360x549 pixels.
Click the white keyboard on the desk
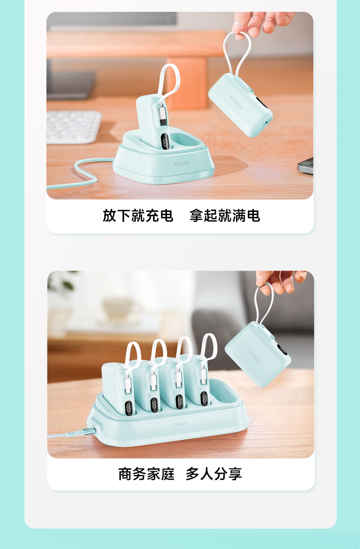pyautogui.click(x=74, y=127)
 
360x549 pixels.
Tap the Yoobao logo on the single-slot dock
pyautogui.click(x=181, y=164)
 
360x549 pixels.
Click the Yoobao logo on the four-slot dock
pyautogui.click(x=181, y=424)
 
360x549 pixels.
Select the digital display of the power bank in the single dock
pyautogui.click(x=165, y=143)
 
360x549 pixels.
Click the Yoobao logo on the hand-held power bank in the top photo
pyautogui.click(x=236, y=102)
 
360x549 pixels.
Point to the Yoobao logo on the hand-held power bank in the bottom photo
pyautogui.click(x=255, y=357)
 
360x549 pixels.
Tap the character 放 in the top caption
pyautogui.click(x=109, y=215)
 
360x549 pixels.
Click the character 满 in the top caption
pyautogui.click(x=239, y=215)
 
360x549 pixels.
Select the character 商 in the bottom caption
pyautogui.click(x=125, y=474)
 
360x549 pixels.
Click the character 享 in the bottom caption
pyautogui.click(x=235, y=474)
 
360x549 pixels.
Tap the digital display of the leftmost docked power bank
pyautogui.click(x=129, y=408)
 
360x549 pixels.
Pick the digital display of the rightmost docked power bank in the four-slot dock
pyautogui.click(x=205, y=399)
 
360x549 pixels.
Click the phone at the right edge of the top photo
pyautogui.click(x=306, y=166)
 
